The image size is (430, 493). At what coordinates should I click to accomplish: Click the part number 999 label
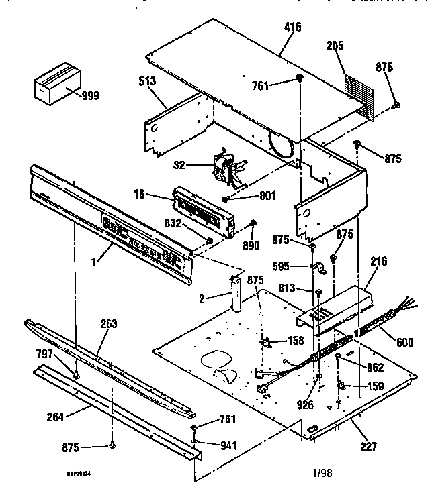pos(90,96)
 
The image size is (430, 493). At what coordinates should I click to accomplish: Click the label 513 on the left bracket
pos(147,81)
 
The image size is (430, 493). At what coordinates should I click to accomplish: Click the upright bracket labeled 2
pos(237,293)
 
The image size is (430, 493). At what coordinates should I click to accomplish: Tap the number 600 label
pos(405,342)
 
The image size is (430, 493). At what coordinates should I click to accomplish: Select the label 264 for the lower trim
pos(56,417)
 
